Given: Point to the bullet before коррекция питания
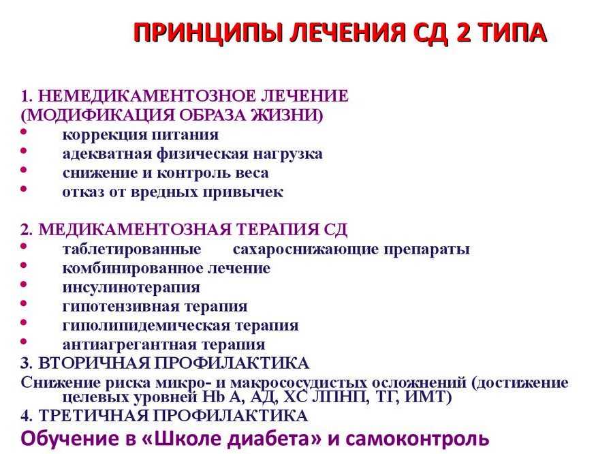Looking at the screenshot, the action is (x=24, y=132).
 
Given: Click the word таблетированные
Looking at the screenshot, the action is (x=132, y=249).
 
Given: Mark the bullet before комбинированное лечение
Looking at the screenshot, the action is (x=24, y=265).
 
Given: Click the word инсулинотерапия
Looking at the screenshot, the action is (x=131, y=288).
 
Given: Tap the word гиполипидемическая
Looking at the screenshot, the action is (x=146, y=326).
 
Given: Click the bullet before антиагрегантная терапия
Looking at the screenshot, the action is (x=24, y=341).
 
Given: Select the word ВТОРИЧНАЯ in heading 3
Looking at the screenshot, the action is (x=94, y=363).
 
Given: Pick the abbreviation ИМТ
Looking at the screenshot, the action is (x=428, y=397).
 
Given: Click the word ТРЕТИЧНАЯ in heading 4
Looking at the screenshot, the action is (x=93, y=416).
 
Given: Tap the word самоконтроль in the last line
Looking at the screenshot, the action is (x=418, y=439).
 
